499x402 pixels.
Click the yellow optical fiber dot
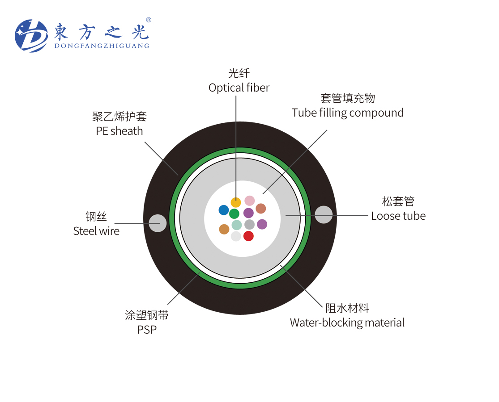pyautogui.click(x=236, y=202)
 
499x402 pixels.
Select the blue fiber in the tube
pyautogui.click(x=224, y=210)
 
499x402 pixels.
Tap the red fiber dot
pyautogui.click(x=248, y=236)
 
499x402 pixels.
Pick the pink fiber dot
pyautogui.click(x=250, y=201)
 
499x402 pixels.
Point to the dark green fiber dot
pyautogui.click(x=234, y=214)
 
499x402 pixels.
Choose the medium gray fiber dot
pyautogui.click(x=250, y=224)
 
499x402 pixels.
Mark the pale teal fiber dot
pyautogui.click(x=237, y=225)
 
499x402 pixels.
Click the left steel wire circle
pyautogui.click(x=158, y=223)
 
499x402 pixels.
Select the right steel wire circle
pyautogui.click(x=324, y=215)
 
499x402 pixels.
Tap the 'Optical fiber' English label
pyautogui.click(x=239, y=88)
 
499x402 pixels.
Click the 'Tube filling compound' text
pyautogui.click(x=348, y=113)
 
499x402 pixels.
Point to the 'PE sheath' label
pyautogui.click(x=119, y=131)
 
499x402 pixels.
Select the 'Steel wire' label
pyautogui.click(x=96, y=231)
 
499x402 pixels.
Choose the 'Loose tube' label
pyautogui.click(x=398, y=216)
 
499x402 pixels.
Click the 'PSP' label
pyautogui.click(x=147, y=330)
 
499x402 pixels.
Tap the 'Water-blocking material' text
pyautogui.click(x=347, y=322)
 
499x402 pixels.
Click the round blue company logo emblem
pyautogui.click(x=31, y=36)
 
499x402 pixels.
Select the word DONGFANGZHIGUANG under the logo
pyautogui.click(x=102, y=46)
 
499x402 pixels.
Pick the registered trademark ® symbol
pyautogui.click(x=148, y=20)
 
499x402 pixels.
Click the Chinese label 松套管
pyautogui.click(x=398, y=201)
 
